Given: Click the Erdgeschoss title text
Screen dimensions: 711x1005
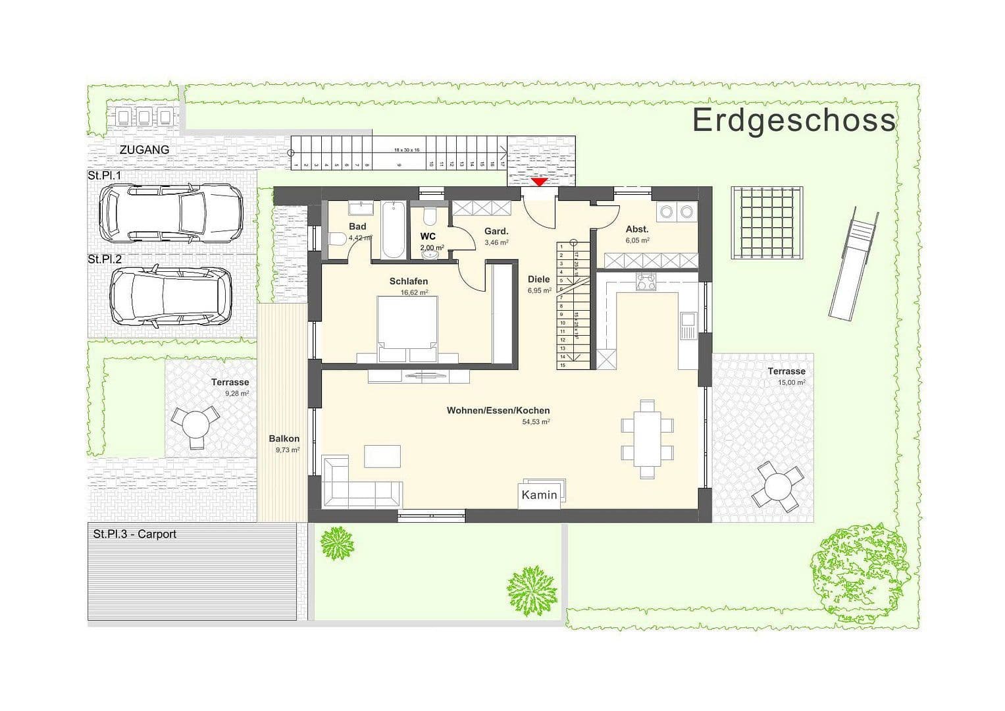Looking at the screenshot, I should tap(794, 120).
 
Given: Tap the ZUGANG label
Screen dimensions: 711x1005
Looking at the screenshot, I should tap(144, 149).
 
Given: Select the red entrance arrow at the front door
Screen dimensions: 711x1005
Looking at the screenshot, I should tap(539, 182).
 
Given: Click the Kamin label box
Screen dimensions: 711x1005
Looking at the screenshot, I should tap(540, 495).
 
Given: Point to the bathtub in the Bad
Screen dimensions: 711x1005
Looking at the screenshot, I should tap(394, 230).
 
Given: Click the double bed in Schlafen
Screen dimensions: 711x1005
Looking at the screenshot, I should tap(406, 329).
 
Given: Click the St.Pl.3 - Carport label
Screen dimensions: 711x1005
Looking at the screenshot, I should tap(135, 534).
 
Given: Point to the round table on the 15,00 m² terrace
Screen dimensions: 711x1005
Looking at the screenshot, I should tap(779, 488).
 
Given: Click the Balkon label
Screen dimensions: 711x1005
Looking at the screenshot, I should tap(284, 438).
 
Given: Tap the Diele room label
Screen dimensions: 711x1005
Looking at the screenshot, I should tap(538, 279).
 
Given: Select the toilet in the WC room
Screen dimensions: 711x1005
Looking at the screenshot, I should tap(429, 217).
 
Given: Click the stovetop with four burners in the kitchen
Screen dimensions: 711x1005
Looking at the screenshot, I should tap(646, 282).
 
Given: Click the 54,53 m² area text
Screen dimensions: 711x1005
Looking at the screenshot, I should tap(536, 422).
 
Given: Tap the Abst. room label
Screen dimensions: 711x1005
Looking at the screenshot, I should tap(636, 229).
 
